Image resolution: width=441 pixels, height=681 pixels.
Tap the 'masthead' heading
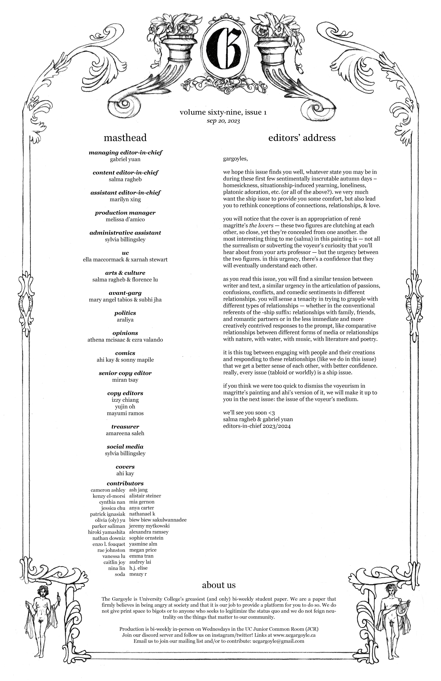tap(125, 138)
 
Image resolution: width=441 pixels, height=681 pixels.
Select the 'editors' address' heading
tap(302, 138)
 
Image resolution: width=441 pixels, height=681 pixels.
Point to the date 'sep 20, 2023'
tap(223, 121)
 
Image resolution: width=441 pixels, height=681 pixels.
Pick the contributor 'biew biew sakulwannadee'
tap(158, 520)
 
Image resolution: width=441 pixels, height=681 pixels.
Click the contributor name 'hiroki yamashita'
tap(106, 532)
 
